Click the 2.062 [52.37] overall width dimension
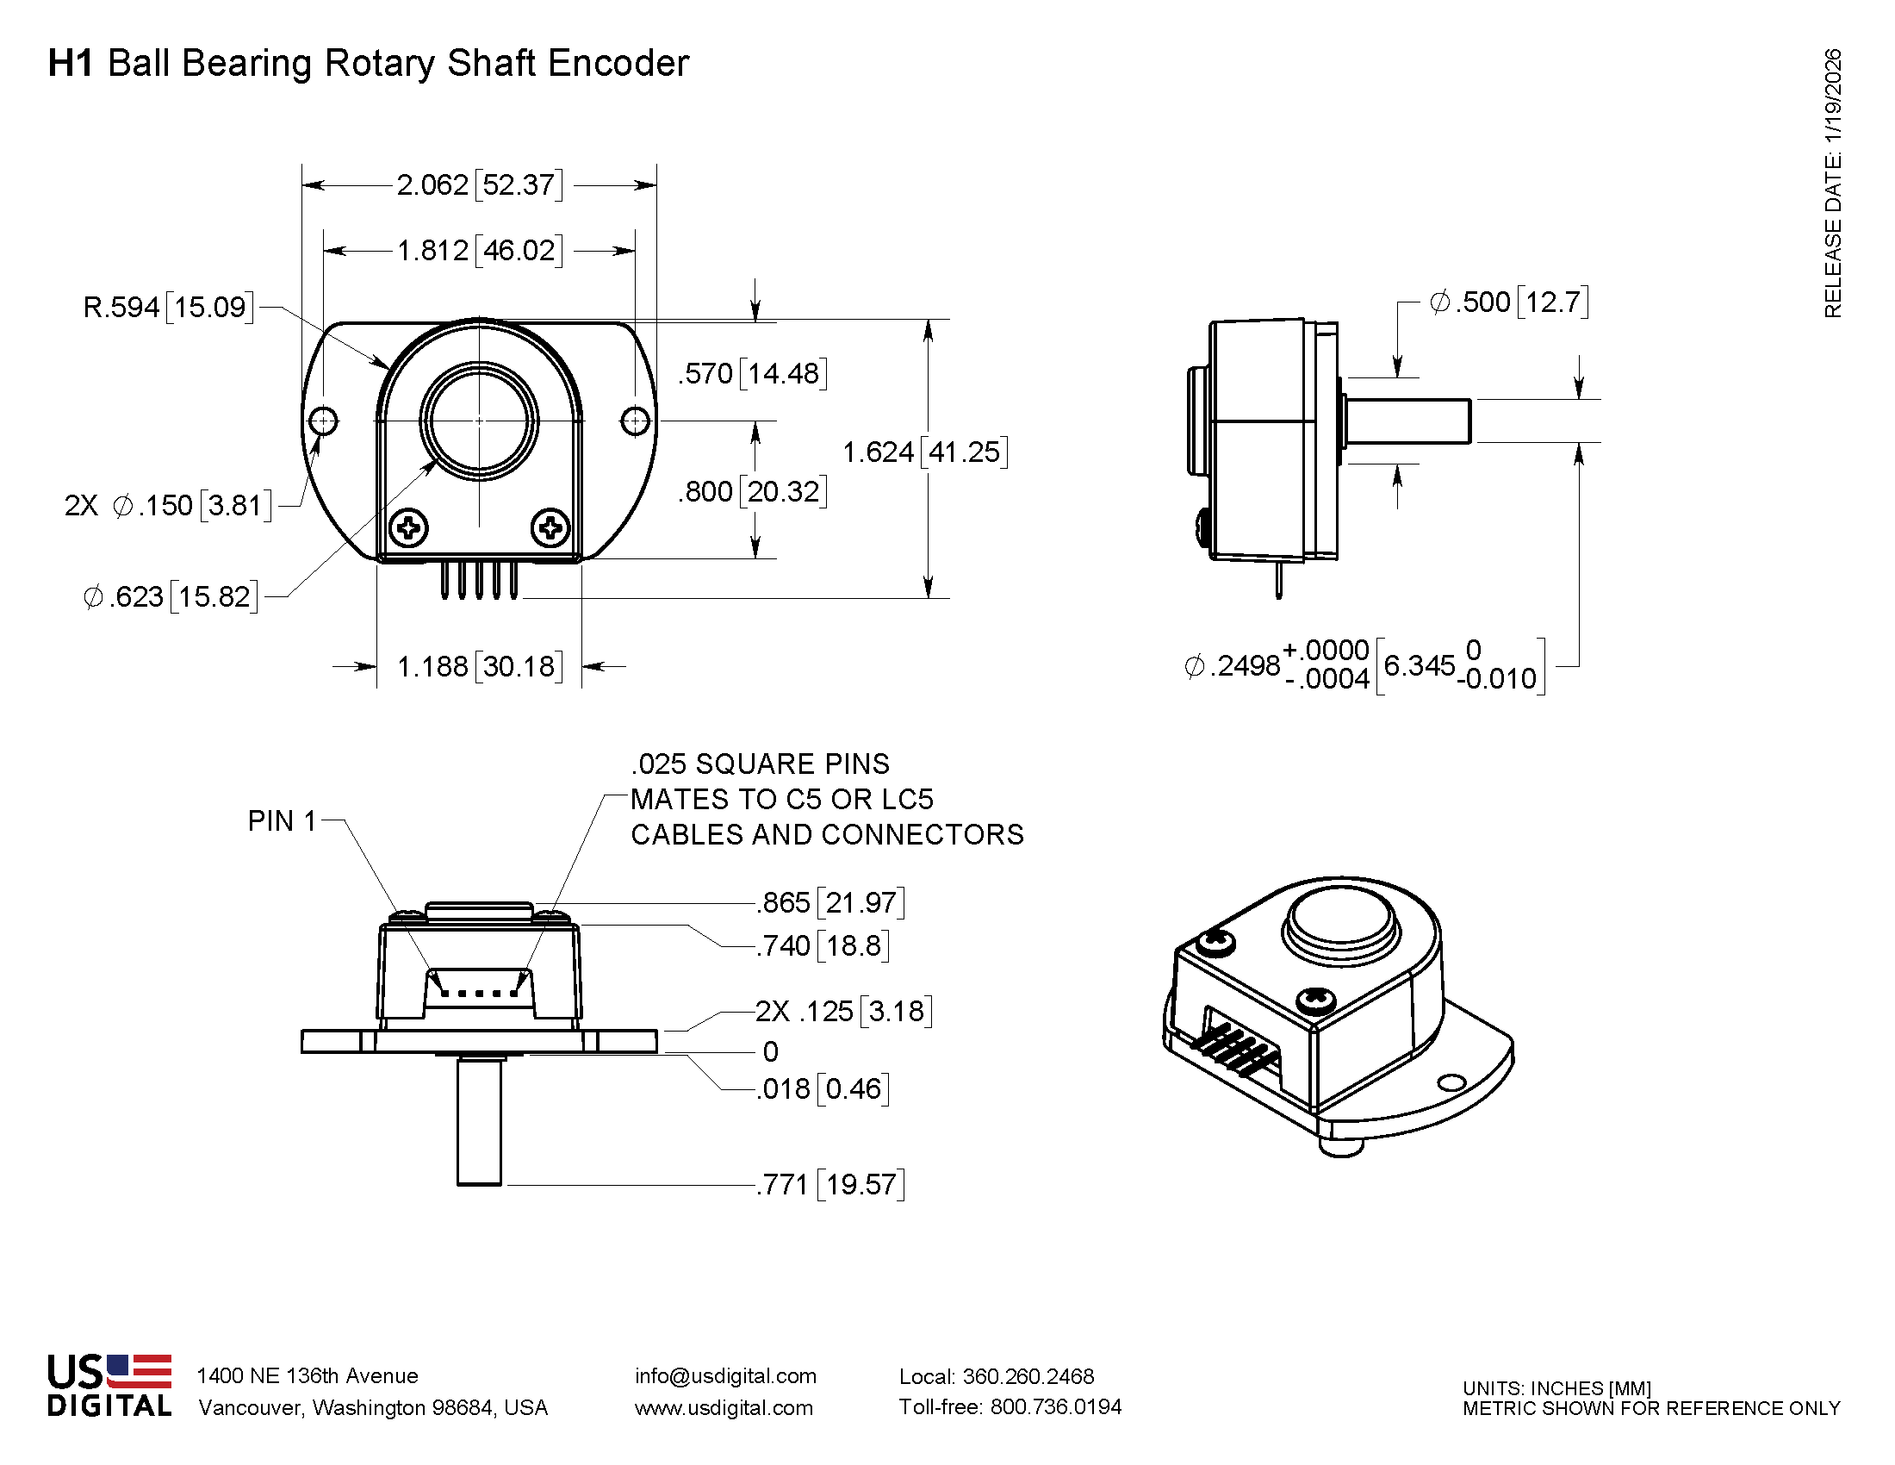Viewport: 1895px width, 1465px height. coord(479,185)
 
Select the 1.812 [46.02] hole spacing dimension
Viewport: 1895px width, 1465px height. coord(479,251)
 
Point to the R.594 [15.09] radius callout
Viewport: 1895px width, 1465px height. coord(168,308)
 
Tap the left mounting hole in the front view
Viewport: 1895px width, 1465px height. coord(323,421)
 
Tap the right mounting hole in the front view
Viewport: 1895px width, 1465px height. coord(635,421)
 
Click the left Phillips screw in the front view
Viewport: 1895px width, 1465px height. coord(407,527)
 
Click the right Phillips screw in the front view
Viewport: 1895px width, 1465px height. coord(550,527)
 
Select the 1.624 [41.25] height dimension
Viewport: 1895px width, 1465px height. coord(925,452)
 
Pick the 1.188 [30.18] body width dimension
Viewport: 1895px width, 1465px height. coord(479,666)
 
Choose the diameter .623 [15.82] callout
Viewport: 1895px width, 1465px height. coord(171,597)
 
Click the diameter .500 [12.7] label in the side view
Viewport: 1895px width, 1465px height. coord(1509,302)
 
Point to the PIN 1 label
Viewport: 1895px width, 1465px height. coord(282,821)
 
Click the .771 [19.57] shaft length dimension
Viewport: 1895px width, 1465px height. coord(829,1184)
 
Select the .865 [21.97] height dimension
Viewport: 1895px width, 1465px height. coord(829,902)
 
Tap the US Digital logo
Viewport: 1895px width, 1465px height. coord(109,1385)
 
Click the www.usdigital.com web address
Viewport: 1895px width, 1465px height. coord(724,1408)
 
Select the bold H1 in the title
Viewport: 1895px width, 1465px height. coord(71,64)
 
